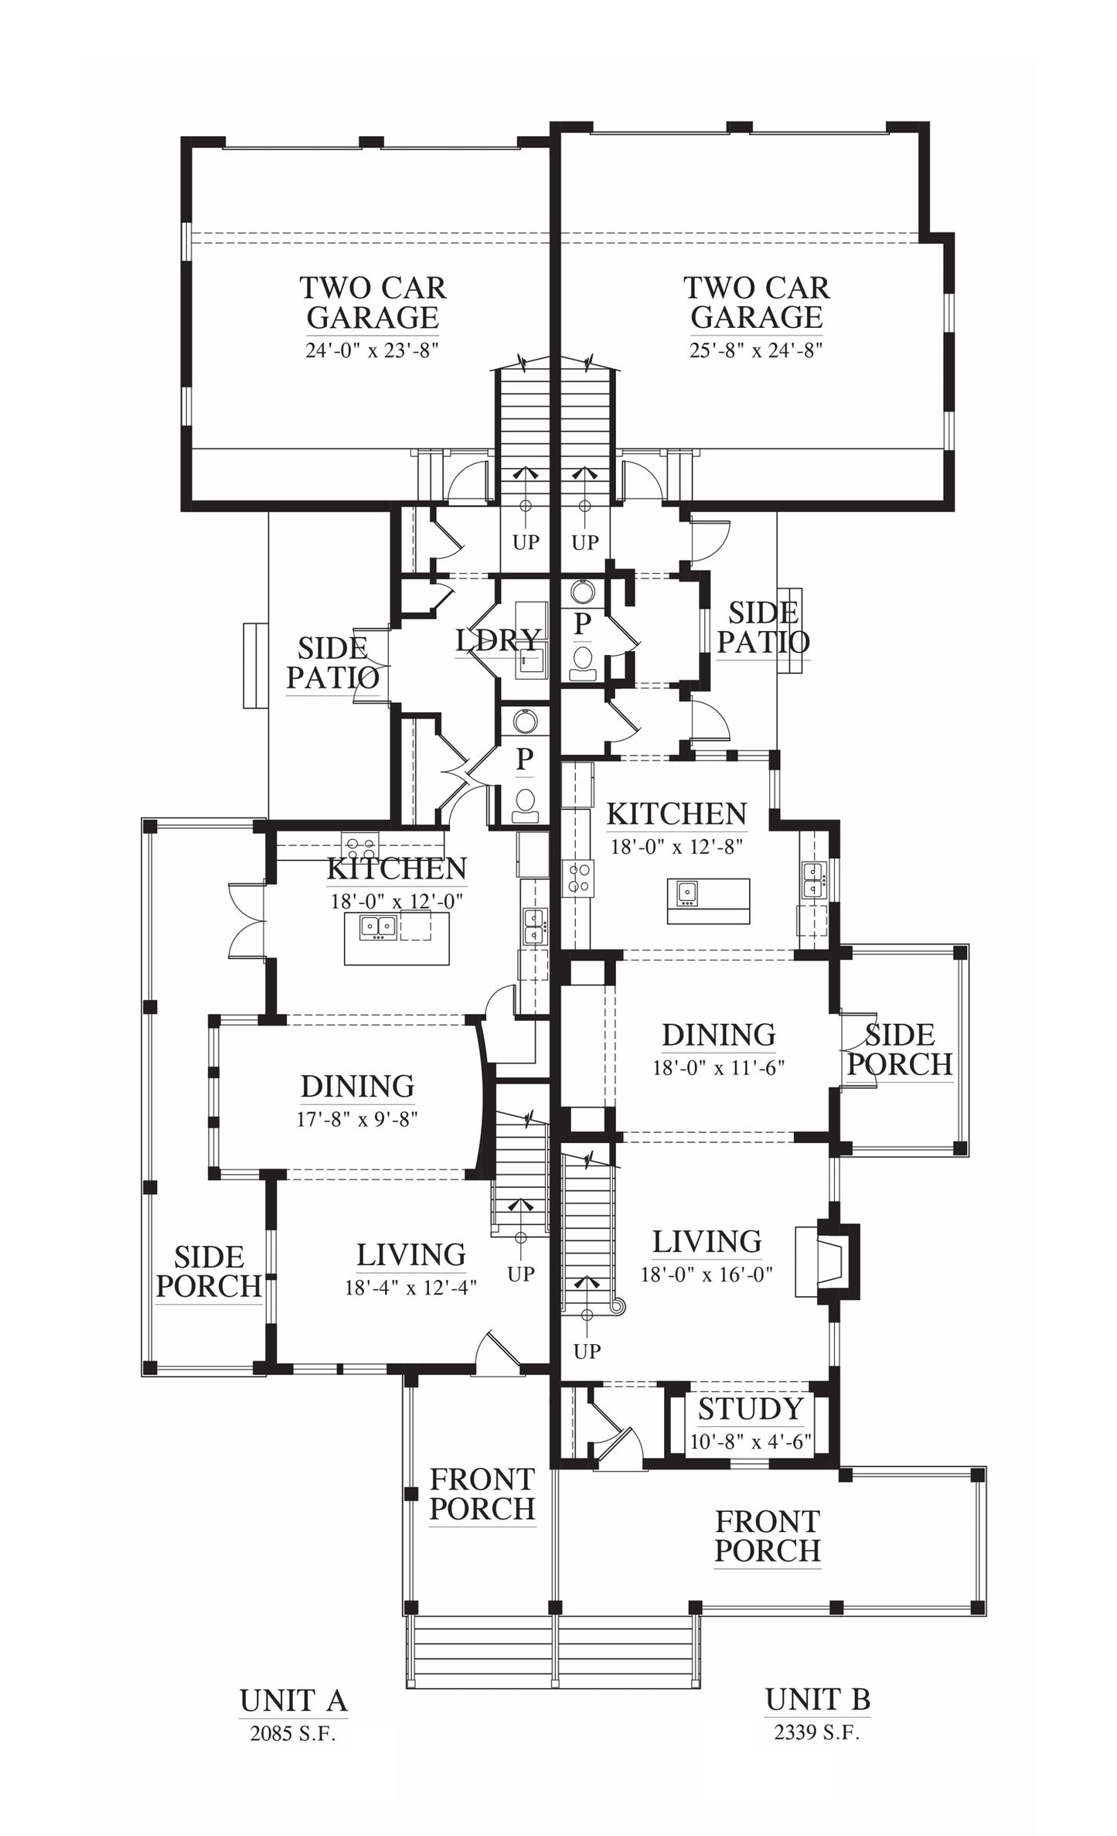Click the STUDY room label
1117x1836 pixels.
[x=751, y=1408]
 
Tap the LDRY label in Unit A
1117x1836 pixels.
[x=498, y=640]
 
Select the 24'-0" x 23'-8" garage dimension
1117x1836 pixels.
[x=373, y=350]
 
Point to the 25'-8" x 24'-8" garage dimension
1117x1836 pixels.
[x=756, y=350]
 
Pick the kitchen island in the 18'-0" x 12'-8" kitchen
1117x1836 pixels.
[x=709, y=900]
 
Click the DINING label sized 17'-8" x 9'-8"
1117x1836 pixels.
[x=357, y=1087]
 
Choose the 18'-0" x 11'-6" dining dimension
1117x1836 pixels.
[x=719, y=1068]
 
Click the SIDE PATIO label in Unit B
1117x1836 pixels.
[x=763, y=627]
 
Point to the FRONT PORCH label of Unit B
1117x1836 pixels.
[x=767, y=1536]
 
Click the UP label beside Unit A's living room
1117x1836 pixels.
[x=521, y=1274]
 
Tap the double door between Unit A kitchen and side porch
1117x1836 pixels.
[x=247, y=920]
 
